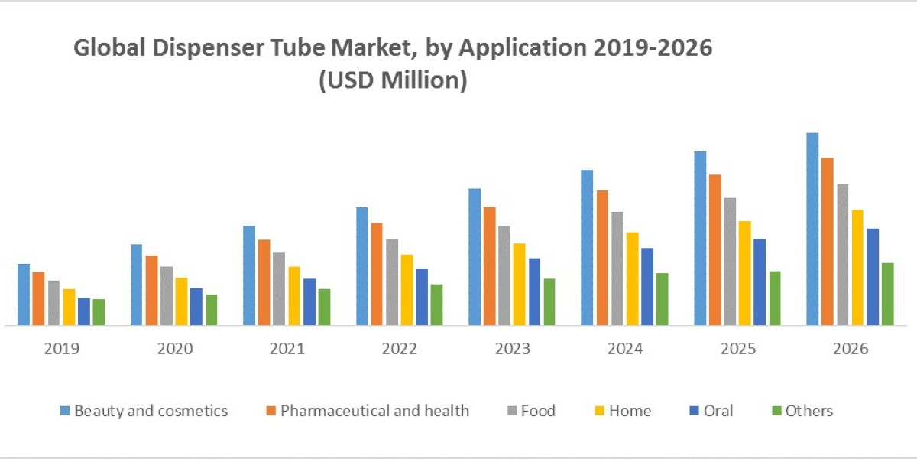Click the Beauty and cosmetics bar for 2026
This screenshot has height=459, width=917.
tap(812, 229)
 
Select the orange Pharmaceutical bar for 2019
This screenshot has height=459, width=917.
tap(38, 298)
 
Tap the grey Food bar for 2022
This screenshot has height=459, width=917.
tap(392, 282)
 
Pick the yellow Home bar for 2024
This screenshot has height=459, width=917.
tap(632, 278)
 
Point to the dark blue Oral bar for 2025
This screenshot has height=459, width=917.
tap(760, 282)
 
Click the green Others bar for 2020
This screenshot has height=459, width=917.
tap(212, 310)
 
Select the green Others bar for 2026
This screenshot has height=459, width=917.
tap(887, 294)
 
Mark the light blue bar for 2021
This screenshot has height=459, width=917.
tap(249, 275)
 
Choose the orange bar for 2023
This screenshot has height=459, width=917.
tap(489, 266)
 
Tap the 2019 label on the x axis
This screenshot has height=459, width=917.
tap(62, 349)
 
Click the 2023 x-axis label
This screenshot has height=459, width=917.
tap(512, 349)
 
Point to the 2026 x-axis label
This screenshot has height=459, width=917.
tap(850, 349)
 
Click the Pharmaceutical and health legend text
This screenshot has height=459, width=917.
tap(374, 411)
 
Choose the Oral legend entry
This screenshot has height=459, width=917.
tap(718, 411)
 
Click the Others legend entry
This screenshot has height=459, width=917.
tap(808, 411)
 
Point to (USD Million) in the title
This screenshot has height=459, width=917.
tap(392, 80)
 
